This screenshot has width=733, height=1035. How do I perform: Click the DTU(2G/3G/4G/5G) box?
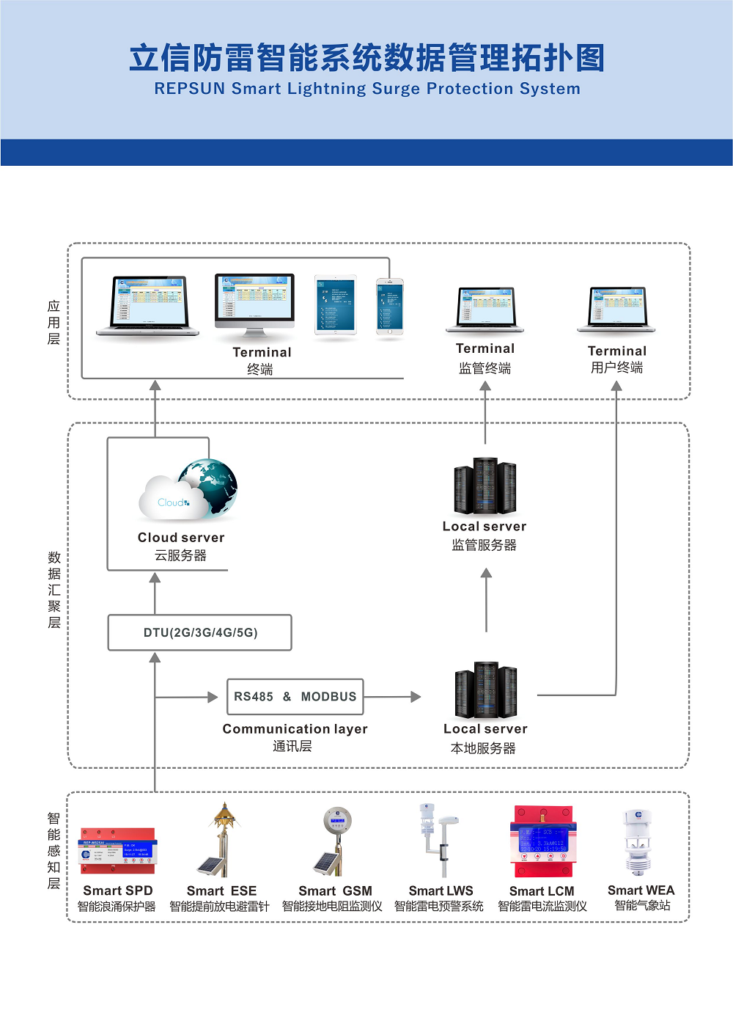click(x=199, y=632)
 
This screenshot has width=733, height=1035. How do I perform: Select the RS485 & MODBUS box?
click(x=295, y=696)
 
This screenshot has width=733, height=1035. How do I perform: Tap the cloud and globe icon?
click(x=189, y=489)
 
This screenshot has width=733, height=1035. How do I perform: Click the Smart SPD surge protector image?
click(x=117, y=851)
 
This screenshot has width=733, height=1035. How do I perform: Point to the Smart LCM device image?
click(x=543, y=842)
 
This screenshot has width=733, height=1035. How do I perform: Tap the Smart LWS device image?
click(x=440, y=840)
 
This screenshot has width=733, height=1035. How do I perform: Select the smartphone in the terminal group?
click(x=390, y=307)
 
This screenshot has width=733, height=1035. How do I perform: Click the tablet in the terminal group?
click(x=336, y=305)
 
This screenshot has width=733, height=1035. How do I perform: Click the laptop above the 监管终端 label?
click(x=485, y=309)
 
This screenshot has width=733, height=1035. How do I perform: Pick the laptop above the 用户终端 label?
click(x=616, y=309)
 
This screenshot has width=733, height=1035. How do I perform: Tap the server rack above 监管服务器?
click(x=485, y=486)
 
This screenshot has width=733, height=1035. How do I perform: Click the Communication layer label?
click(x=295, y=729)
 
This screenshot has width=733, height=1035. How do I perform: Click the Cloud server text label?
click(x=181, y=538)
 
